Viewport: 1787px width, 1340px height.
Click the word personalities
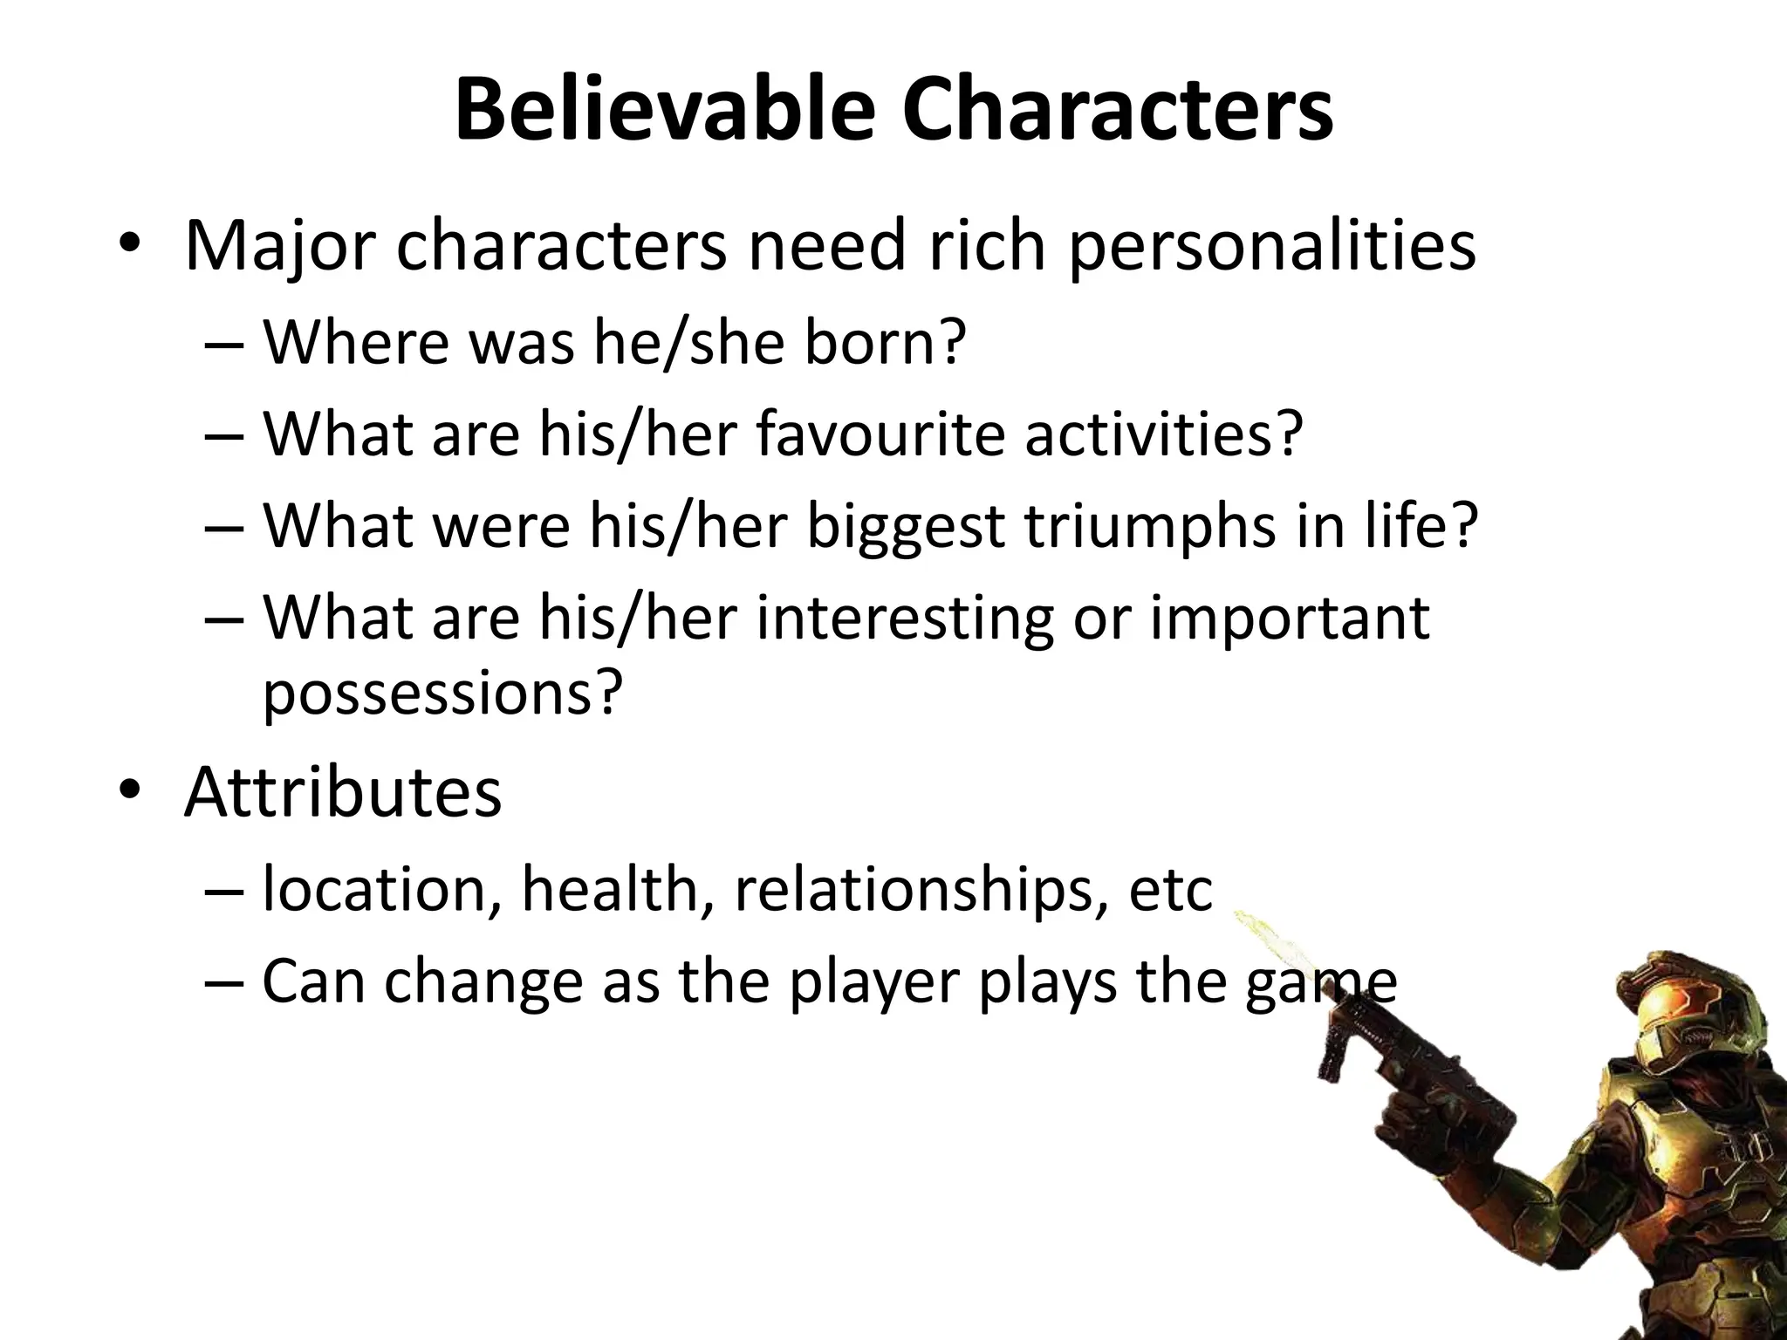[1272, 248]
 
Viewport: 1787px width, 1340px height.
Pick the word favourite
[880, 434]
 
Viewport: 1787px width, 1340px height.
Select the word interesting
[905, 619]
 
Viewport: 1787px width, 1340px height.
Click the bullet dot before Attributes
[130, 790]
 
